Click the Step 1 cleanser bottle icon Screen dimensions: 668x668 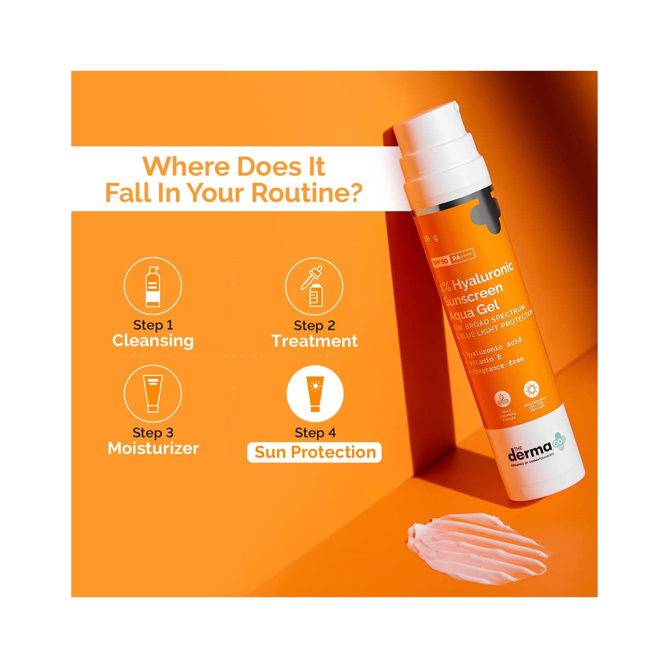point(153,286)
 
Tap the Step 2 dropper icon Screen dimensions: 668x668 point(314,286)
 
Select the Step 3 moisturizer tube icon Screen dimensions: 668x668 point(153,394)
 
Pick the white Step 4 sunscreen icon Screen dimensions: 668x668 point(315,394)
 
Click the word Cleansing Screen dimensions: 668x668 point(153,341)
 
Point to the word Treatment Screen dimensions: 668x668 point(314,341)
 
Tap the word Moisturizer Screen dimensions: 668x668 point(153,448)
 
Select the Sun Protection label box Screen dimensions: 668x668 point(314,452)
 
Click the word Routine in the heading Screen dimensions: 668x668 point(306,193)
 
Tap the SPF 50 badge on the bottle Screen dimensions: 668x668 point(441,262)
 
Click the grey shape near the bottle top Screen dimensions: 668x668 point(485,214)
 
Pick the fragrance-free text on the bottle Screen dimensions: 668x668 point(498,366)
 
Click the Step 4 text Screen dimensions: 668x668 point(315,433)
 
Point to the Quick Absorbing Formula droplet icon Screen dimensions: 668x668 point(502,398)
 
